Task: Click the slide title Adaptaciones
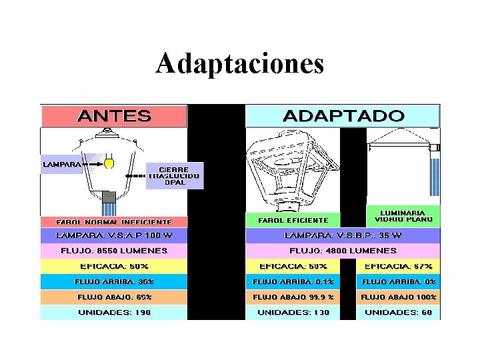(x=240, y=64)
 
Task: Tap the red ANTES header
(x=114, y=116)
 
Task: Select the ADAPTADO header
(x=343, y=116)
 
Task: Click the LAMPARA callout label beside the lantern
(x=62, y=164)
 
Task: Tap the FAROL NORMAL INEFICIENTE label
(x=114, y=222)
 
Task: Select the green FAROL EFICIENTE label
(x=293, y=220)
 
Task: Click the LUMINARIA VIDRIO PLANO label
(x=403, y=215)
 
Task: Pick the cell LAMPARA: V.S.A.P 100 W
(x=114, y=235)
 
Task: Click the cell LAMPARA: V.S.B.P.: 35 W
(x=343, y=235)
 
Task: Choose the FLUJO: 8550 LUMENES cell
(x=114, y=251)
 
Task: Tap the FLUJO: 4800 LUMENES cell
(x=343, y=251)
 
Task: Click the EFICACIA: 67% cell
(x=398, y=266)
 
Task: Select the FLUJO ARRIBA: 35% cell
(x=114, y=281)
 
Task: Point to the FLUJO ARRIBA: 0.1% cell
(x=293, y=281)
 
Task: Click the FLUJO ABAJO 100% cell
(x=398, y=297)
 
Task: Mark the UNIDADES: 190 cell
(x=114, y=312)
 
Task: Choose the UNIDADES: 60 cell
(x=398, y=312)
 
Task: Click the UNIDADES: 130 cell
(x=293, y=312)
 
